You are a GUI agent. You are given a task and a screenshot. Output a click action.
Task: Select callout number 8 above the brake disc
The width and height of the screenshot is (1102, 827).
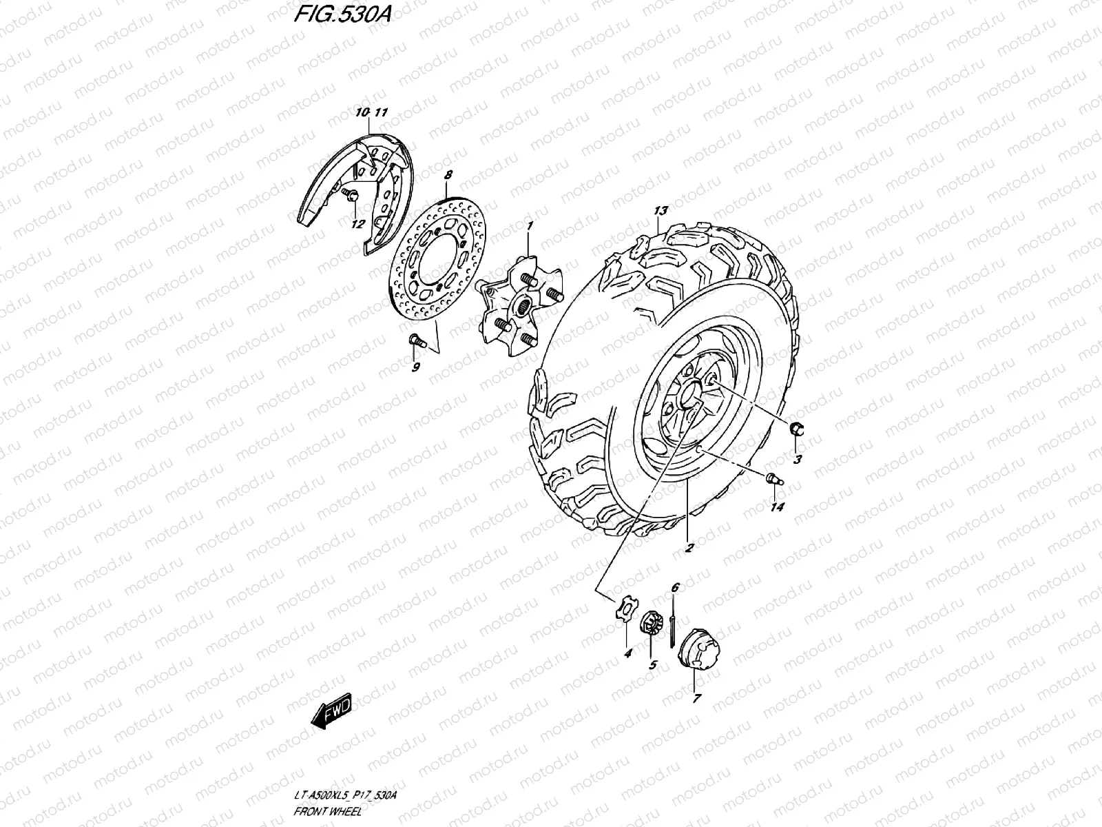[448, 176]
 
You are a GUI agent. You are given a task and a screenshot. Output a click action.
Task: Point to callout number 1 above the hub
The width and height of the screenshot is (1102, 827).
[530, 225]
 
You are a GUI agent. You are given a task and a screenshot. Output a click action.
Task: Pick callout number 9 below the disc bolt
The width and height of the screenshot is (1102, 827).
[416, 367]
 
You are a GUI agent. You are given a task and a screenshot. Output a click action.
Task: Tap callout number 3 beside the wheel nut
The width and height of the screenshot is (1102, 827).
[797, 460]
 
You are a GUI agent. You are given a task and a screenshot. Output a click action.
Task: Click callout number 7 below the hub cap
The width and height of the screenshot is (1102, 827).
[696, 698]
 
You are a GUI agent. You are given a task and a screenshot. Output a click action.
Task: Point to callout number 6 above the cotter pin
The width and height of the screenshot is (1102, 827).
[675, 587]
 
